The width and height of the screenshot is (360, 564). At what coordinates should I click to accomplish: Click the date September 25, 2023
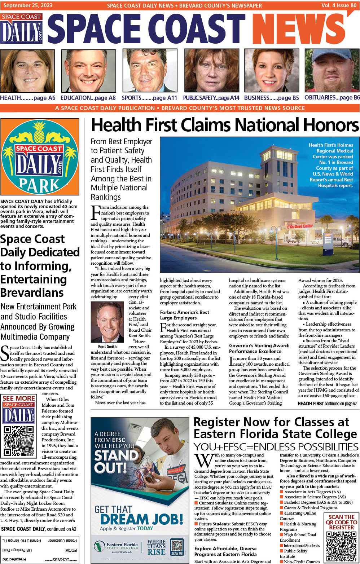(28, 5)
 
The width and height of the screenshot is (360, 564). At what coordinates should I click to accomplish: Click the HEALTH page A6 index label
(28, 98)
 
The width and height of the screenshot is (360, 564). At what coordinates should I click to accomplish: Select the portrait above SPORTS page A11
(150, 71)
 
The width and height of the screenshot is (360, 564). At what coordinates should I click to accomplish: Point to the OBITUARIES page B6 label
(332, 97)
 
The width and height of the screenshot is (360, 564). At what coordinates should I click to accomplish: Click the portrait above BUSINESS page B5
(271, 71)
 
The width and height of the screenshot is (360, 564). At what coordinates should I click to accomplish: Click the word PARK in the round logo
(39, 185)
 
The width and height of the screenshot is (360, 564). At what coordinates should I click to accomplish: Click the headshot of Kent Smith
(107, 322)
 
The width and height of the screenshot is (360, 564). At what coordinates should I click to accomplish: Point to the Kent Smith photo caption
(107, 346)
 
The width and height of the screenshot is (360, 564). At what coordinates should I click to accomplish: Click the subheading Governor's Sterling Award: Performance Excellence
(259, 348)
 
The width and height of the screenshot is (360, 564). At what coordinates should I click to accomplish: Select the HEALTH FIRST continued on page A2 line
(327, 404)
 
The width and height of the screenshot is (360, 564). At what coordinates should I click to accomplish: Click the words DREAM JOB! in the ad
(141, 519)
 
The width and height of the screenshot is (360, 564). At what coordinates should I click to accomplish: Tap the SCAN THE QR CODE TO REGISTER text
(341, 522)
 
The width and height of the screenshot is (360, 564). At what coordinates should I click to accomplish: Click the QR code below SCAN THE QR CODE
(341, 546)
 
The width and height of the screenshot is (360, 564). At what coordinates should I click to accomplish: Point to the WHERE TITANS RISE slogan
(157, 547)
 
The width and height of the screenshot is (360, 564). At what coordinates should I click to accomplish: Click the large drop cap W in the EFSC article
(204, 461)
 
